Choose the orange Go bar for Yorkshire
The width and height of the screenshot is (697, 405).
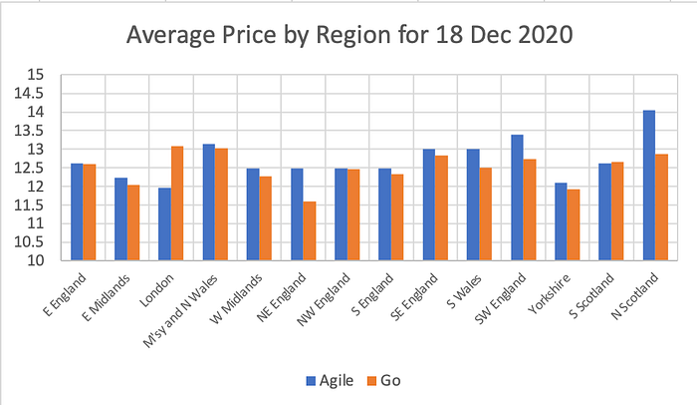575,225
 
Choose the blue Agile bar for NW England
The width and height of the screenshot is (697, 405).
341,214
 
